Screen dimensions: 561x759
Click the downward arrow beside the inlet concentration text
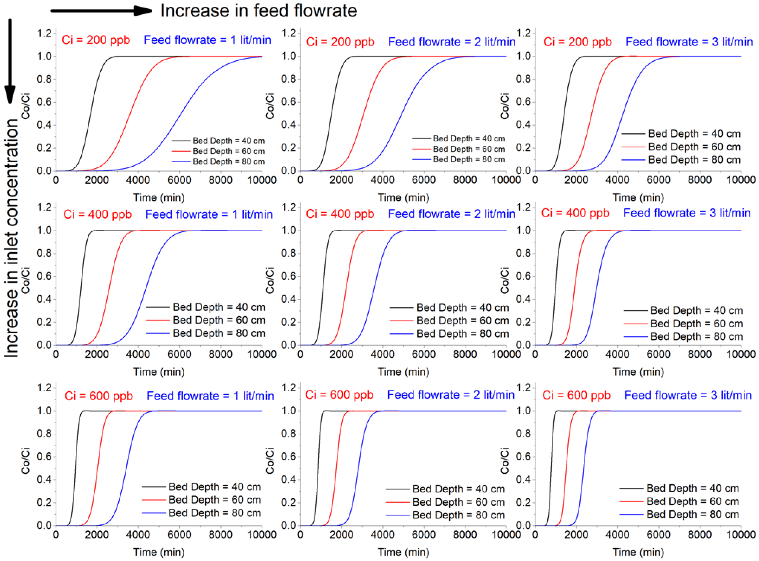(x=10, y=61)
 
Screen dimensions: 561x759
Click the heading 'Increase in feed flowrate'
(x=258, y=11)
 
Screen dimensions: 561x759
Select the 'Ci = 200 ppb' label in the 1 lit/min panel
(x=96, y=40)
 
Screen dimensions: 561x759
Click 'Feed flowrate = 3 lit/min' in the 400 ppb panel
(x=687, y=213)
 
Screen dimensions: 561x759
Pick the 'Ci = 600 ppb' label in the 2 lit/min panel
(x=339, y=395)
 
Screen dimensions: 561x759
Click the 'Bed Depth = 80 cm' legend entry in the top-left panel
(x=228, y=162)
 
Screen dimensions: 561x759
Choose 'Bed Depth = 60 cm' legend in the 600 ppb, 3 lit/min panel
(x=692, y=501)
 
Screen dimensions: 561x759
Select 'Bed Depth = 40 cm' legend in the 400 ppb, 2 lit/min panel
(x=462, y=308)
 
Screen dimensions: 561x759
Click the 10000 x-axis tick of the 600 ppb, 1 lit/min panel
(x=262, y=535)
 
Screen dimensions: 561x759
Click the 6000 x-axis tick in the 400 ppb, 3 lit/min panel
(x=658, y=354)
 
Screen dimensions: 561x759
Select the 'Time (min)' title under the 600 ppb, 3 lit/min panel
(x=638, y=552)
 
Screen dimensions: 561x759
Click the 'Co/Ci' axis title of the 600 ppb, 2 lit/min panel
(x=270, y=461)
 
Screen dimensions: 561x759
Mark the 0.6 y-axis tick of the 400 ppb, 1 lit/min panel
(x=44, y=276)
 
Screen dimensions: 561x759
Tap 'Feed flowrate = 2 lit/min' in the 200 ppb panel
(x=451, y=42)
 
